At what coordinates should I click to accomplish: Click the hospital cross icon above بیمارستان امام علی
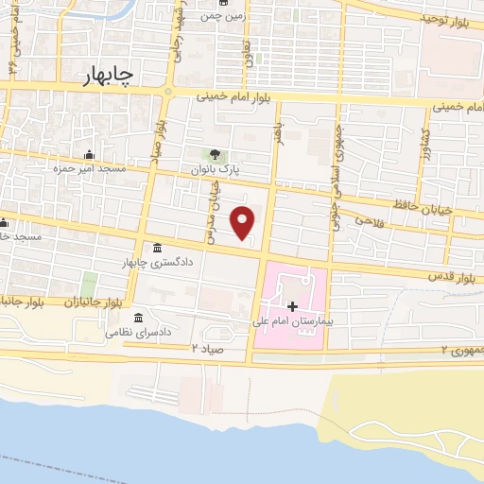tap(292, 306)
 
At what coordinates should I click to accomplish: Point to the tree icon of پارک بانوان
tap(216, 153)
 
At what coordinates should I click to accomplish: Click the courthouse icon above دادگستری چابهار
tap(156, 248)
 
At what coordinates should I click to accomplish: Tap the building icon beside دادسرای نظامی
tap(139, 317)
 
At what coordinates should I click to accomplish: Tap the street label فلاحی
tap(370, 220)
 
